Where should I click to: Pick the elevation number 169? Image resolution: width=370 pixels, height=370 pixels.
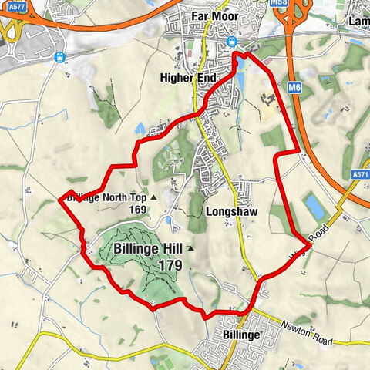click(x=138, y=210)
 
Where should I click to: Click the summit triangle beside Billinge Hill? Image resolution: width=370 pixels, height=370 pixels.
click(x=190, y=249)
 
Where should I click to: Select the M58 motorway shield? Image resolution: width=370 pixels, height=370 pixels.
click(x=278, y=3)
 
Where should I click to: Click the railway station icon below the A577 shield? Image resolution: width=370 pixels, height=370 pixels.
click(x=59, y=56)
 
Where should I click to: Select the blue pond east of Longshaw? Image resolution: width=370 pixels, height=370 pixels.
click(x=314, y=206)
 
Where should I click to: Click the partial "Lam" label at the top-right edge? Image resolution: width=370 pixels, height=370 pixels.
click(x=359, y=23)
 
